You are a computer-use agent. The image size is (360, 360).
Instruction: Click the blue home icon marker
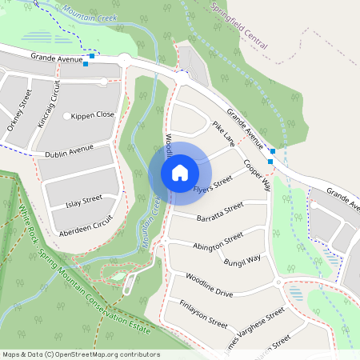point(180,172)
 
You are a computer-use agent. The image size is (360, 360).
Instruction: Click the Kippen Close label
point(93,115)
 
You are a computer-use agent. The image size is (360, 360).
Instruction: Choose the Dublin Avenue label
point(70,150)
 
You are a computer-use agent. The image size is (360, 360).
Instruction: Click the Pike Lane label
point(223,134)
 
